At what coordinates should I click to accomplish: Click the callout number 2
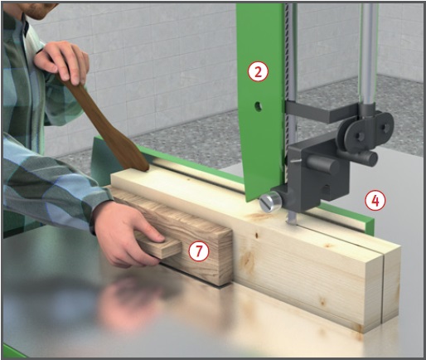(258, 71)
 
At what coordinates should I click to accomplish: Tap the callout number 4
(375, 201)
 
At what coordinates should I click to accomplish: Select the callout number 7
(199, 251)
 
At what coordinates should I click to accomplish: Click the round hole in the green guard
(258, 106)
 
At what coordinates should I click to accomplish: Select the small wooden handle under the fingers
(159, 246)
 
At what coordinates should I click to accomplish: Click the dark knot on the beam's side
(256, 236)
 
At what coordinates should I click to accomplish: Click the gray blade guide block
(317, 174)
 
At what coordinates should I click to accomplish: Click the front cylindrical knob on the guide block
(324, 165)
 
